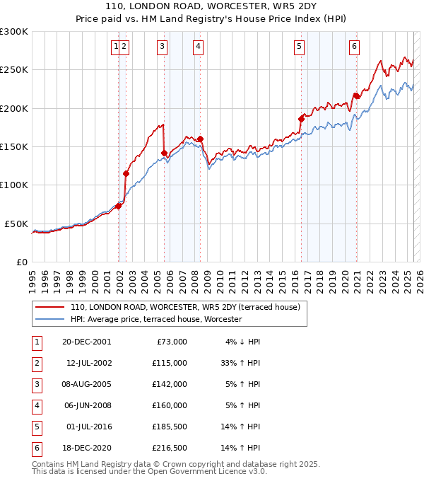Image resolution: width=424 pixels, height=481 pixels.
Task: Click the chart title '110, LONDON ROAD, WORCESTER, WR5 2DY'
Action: (x=211, y=8)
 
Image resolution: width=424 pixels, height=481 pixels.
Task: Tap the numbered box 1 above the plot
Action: (x=115, y=47)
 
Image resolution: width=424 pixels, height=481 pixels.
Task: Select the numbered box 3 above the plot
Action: (x=162, y=47)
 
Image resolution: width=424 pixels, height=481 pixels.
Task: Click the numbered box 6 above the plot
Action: (x=353, y=47)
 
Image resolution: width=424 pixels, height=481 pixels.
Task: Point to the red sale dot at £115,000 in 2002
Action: (x=126, y=173)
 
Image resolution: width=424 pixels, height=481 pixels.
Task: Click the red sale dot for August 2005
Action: (x=164, y=153)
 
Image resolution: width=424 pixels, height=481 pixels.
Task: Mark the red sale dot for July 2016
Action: (x=301, y=120)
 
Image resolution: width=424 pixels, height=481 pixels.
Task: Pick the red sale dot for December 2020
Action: (x=356, y=95)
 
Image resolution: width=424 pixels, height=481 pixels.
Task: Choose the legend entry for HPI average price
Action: (x=155, y=319)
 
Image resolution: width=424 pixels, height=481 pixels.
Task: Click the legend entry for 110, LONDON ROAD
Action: (x=185, y=307)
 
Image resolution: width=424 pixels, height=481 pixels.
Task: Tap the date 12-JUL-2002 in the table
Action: (x=88, y=363)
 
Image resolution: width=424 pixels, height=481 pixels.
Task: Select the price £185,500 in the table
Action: (x=170, y=427)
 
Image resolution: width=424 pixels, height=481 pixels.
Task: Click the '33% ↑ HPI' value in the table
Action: (x=241, y=363)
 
